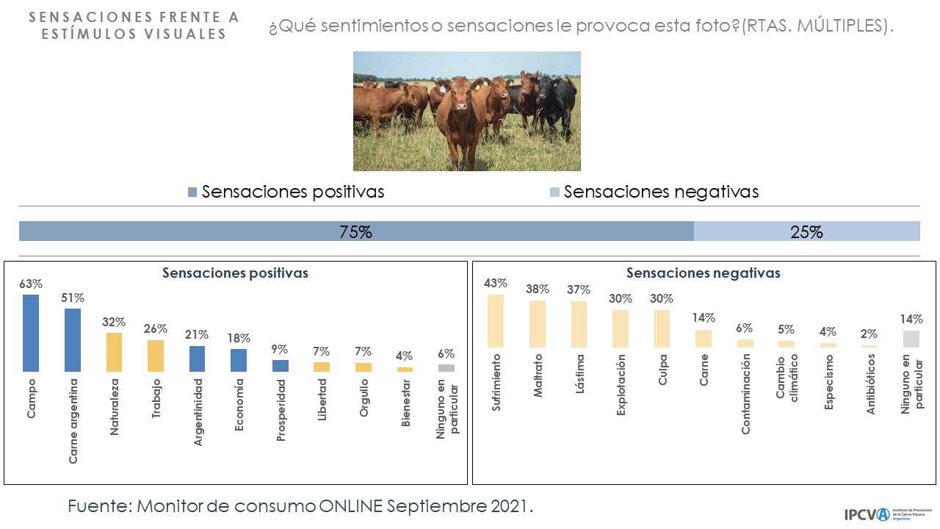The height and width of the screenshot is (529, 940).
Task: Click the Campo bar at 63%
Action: tap(31, 333)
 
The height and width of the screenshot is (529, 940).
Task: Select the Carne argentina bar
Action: tap(73, 339)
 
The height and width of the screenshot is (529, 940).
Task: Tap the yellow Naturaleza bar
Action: tap(114, 352)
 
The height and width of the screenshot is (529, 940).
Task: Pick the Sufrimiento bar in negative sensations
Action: tap(496, 320)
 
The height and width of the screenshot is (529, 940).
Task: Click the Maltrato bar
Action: tap(537, 323)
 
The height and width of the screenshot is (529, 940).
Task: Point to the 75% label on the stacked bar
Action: tap(355, 232)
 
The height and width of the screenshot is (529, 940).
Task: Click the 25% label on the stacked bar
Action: tap(806, 232)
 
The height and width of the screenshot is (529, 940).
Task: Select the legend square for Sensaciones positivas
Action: tap(192, 192)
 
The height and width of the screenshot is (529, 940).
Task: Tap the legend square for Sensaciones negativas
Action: tap(554, 192)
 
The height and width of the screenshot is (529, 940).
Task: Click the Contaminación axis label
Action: tap(745, 394)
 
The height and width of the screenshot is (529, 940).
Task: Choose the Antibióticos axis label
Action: tap(871, 384)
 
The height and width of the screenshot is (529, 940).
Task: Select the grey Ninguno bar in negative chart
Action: tap(911, 339)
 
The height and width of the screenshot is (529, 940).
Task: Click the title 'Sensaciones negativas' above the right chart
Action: tap(703, 273)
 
